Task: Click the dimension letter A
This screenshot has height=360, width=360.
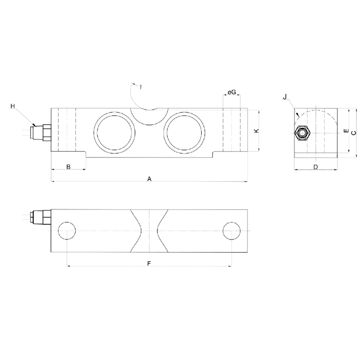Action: coord(149,179)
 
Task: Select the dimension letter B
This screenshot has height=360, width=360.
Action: coord(68,167)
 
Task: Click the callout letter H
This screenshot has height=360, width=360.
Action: coord(13,106)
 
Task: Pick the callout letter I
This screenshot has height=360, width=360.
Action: coord(140,86)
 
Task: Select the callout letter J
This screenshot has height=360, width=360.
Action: coord(285,97)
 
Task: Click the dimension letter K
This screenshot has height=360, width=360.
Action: coord(256,131)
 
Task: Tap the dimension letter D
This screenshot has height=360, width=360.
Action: coord(315,167)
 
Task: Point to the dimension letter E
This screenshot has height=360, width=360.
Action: coord(345,131)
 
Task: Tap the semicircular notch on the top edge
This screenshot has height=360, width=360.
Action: coord(149,116)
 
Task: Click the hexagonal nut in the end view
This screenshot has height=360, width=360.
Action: coord(301,133)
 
